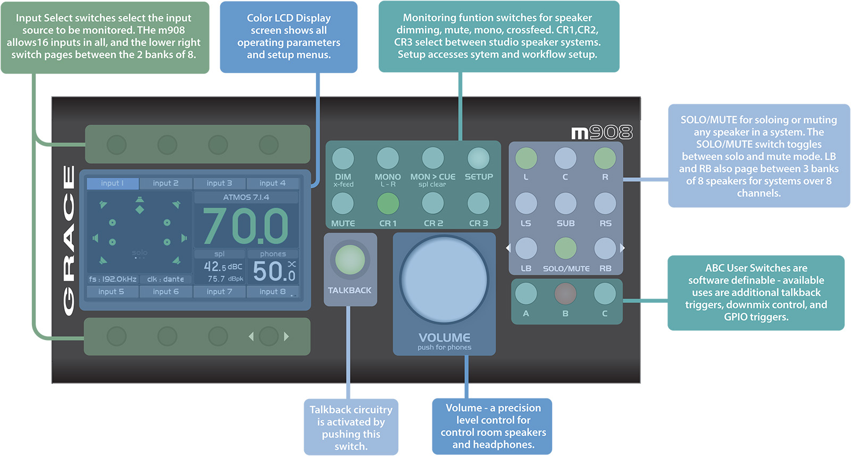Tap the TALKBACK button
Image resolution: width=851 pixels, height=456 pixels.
click(x=350, y=260)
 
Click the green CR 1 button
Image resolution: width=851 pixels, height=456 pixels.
click(x=388, y=203)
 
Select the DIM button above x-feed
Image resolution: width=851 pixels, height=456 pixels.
click(x=343, y=158)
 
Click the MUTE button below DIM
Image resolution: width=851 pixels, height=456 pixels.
click(x=343, y=203)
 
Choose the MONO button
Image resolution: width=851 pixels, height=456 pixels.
click(x=388, y=158)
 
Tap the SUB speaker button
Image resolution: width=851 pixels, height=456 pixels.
click(x=565, y=203)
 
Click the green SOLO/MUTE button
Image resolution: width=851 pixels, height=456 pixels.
click(x=565, y=248)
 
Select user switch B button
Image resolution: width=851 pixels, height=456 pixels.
click(x=565, y=293)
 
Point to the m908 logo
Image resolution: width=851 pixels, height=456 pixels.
click(x=602, y=132)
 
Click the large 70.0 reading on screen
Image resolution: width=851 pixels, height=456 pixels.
click(x=246, y=226)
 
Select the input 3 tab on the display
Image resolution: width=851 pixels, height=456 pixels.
click(x=219, y=183)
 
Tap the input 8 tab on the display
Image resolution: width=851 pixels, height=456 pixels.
click(x=272, y=292)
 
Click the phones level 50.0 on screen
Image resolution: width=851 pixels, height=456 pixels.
click(x=273, y=271)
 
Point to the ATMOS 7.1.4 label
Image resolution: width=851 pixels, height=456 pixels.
click(x=246, y=197)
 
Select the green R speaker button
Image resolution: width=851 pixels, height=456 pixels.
click(x=605, y=158)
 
